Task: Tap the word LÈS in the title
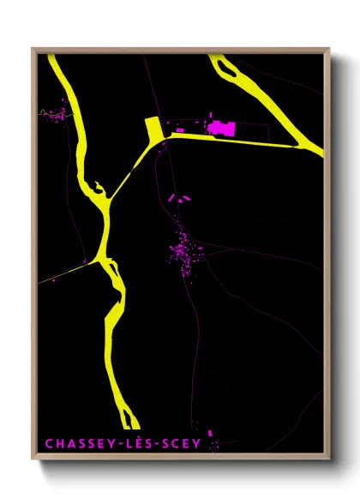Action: point(136,443)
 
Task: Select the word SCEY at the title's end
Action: point(181,443)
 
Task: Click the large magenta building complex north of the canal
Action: point(221,129)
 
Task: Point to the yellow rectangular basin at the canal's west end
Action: point(154,131)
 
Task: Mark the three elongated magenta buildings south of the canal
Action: point(179,198)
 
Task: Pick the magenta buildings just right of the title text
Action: point(212,444)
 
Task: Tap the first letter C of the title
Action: point(49,443)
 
